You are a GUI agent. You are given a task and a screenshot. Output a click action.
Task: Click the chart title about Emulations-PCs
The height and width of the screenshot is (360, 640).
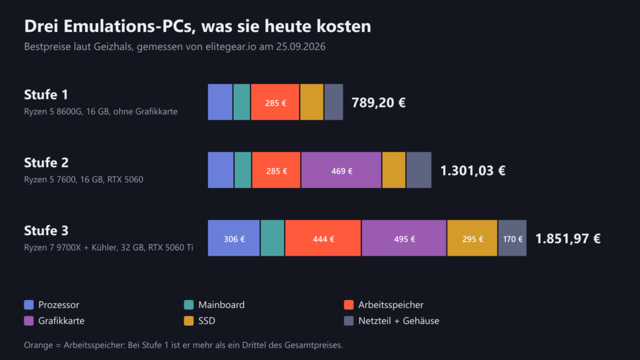pos(197,26)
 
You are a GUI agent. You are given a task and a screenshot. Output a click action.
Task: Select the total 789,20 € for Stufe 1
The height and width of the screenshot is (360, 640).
pos(378,102)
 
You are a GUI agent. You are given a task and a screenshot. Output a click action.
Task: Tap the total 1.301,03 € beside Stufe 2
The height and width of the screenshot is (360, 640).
pos(472,171)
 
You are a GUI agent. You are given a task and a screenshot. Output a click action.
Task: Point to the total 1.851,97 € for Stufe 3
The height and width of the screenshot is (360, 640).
pos(567,238)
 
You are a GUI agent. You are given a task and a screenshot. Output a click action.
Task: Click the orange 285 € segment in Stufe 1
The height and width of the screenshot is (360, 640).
pos(275,102)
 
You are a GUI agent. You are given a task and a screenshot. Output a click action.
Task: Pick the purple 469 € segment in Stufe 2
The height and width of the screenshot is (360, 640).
pos(341,170)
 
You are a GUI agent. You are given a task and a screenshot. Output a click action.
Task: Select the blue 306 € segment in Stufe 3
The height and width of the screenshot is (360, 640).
pos(234,238)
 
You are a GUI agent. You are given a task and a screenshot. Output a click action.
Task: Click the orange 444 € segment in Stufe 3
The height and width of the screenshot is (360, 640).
pos(323,238)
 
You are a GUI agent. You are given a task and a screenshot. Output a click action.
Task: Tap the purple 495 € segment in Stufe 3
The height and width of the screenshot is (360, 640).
pos(404,238)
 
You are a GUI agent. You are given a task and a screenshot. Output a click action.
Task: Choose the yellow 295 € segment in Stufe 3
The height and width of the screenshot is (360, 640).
pos(472,238)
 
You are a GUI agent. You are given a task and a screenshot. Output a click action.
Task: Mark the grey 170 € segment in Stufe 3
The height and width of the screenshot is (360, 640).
pos(512,238)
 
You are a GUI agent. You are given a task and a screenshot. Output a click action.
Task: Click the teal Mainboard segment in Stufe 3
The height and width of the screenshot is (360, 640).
pos(272,238)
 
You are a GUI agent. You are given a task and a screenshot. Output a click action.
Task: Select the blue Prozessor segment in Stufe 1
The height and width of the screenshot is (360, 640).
pos(220,102)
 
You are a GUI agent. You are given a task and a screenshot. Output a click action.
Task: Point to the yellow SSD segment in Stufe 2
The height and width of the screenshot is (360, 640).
pos(394,170)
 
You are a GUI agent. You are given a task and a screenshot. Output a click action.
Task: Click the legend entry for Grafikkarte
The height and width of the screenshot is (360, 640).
pos(54,321)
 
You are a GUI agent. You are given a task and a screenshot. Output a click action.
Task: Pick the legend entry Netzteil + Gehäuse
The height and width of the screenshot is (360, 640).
pos(392,321)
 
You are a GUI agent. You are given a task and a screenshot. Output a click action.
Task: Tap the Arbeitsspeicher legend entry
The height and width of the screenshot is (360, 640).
pos(384,305)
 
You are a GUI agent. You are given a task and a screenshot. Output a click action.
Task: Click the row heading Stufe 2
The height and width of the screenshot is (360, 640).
pos(46,162)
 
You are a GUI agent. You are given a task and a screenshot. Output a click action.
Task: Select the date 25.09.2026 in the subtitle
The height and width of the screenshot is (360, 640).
pos(301,46)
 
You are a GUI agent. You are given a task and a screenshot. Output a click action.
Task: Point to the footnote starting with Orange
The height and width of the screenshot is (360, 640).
pos(183,345)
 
